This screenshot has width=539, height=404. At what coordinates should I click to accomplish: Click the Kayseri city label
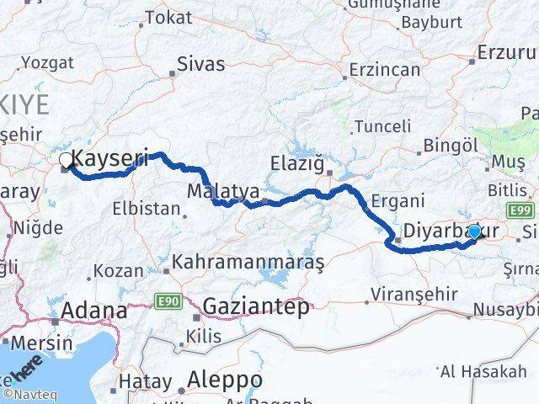pyautogui.click(x=111, y=157)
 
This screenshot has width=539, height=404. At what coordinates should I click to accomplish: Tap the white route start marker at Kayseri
pyautogui.click(x=66, y=159)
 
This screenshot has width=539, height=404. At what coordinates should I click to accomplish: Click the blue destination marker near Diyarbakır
pyautogui.click(x=475, y=231)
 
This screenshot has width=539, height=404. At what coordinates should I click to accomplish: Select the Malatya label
pyautogui.click(x=223, y=189)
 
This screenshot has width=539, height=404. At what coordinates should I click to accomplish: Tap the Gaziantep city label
pyautogui.click(x=256, y=307)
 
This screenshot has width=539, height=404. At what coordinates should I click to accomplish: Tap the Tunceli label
pyautogui.click(x=383, y=126)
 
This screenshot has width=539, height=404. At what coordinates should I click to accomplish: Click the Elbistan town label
pyautogui.click(x=152, y=208)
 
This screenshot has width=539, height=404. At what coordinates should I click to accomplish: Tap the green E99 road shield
pyautogui.click(x=519, y=209)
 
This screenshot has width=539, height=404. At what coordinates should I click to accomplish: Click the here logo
pyautogui.click(x=25, y=370)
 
